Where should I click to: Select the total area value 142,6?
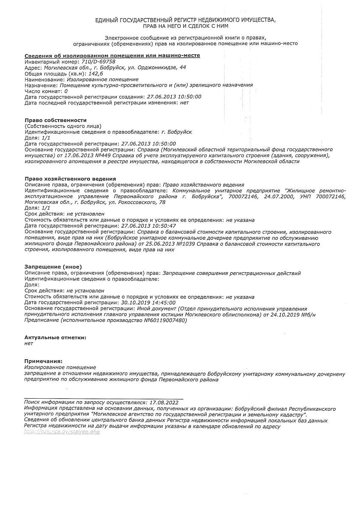tap(96, 73)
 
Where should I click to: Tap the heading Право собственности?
tap(55, 120)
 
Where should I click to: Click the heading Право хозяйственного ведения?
tap(70, 179)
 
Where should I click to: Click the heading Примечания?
tap(43, 361)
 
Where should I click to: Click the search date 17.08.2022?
tap(164, 402)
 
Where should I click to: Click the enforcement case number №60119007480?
tap(165, 321)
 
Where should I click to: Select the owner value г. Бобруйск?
tap(177, 132)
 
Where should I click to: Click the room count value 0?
tap(66, 91)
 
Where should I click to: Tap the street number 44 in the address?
tap(183, 67)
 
